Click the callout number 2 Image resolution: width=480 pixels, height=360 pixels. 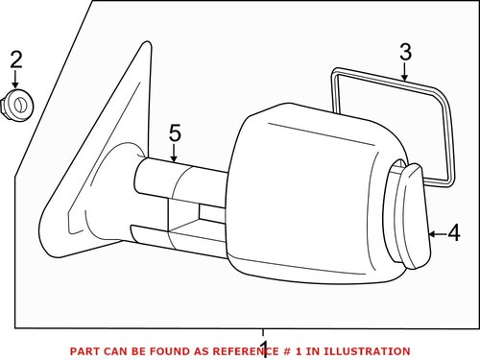(15, 60)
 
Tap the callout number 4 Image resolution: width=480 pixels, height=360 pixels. (453, 232)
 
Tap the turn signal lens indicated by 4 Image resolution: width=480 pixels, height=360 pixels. (410, 215)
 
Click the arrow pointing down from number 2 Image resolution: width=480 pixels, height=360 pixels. (15, 82)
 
